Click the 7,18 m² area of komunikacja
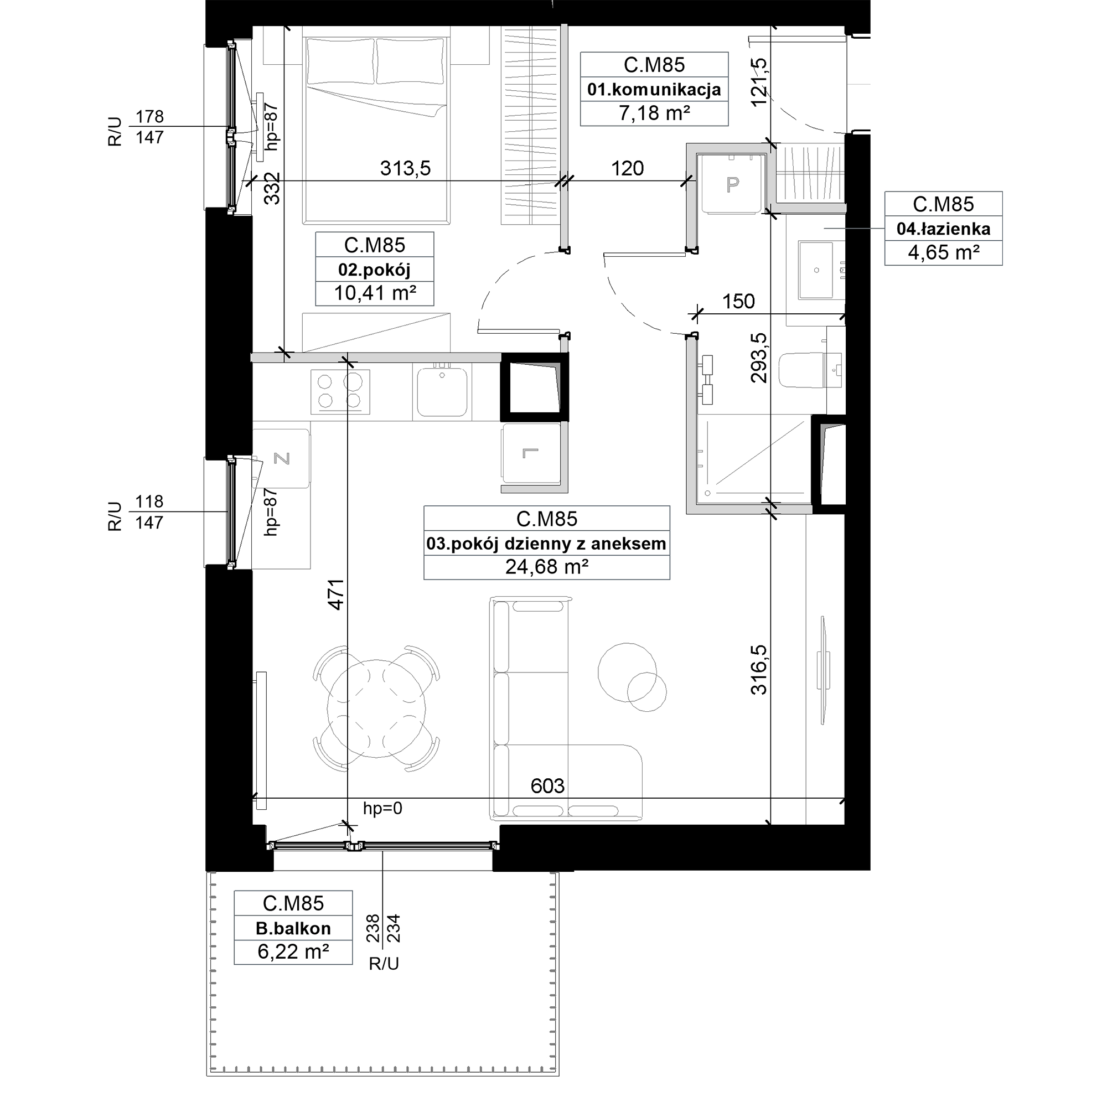[x=654, y=113]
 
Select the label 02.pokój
[x=374, y=270]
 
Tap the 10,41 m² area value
[x=375, y=293]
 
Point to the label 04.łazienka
[x=943, y=229]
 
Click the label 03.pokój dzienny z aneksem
[x=546, y=544]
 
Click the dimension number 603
[x=547, y=785]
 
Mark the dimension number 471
[x=336, y=594]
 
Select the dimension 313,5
[x=405, y=168]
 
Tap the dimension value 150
[x=738, y=302]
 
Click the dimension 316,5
[x=759, y=670]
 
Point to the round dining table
[x=376, y=708]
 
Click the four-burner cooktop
[x=340, y=391]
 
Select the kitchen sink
[x=442, y=392]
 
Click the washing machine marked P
[x=732, y=183]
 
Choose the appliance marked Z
[x=281, y=458]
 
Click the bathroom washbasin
[x=816, y=271]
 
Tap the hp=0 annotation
[x=383, y=809]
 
